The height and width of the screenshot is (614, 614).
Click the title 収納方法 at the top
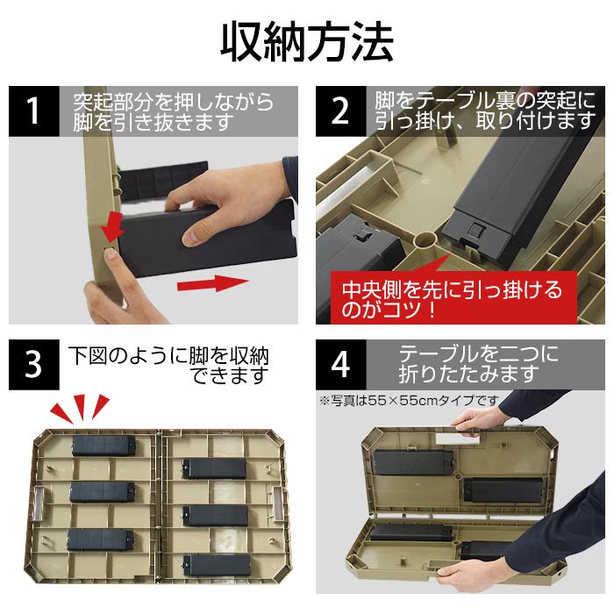click(x=307, y=42)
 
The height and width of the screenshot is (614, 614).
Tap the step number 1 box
click(x=34, y=111)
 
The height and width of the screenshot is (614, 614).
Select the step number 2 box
click(x=340, y=111)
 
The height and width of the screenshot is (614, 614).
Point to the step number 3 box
click(x=34, y=365)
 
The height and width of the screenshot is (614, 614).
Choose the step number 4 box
click(x=340, y=365)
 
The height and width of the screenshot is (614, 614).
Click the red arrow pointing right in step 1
click(x=212, y=283)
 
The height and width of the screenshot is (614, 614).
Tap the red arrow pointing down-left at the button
click(x=112, y=227)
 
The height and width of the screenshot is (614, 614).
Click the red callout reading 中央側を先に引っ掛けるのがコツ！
click(x=453, y=297)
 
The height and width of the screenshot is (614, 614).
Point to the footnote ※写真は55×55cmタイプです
click(x=410, y=400)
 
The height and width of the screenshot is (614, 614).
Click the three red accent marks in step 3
click(x=81, y=408)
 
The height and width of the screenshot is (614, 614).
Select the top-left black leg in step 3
click(x=104, y=446)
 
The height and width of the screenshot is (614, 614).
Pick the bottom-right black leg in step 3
click(x=217, y=565)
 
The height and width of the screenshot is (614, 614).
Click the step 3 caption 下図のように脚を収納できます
click(x=168, y=366)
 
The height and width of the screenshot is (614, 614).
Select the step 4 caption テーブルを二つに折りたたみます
click(x=479, y=364)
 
